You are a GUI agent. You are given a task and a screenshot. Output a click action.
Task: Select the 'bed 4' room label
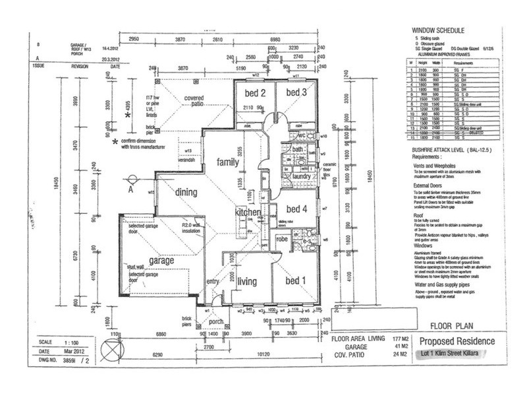click(296, 209)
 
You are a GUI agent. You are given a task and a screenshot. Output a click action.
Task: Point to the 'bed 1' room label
click(295, 280)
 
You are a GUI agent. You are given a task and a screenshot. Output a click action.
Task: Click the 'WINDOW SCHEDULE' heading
click(439, 30)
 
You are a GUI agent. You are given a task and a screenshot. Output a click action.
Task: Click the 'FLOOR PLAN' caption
click(451, 325)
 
